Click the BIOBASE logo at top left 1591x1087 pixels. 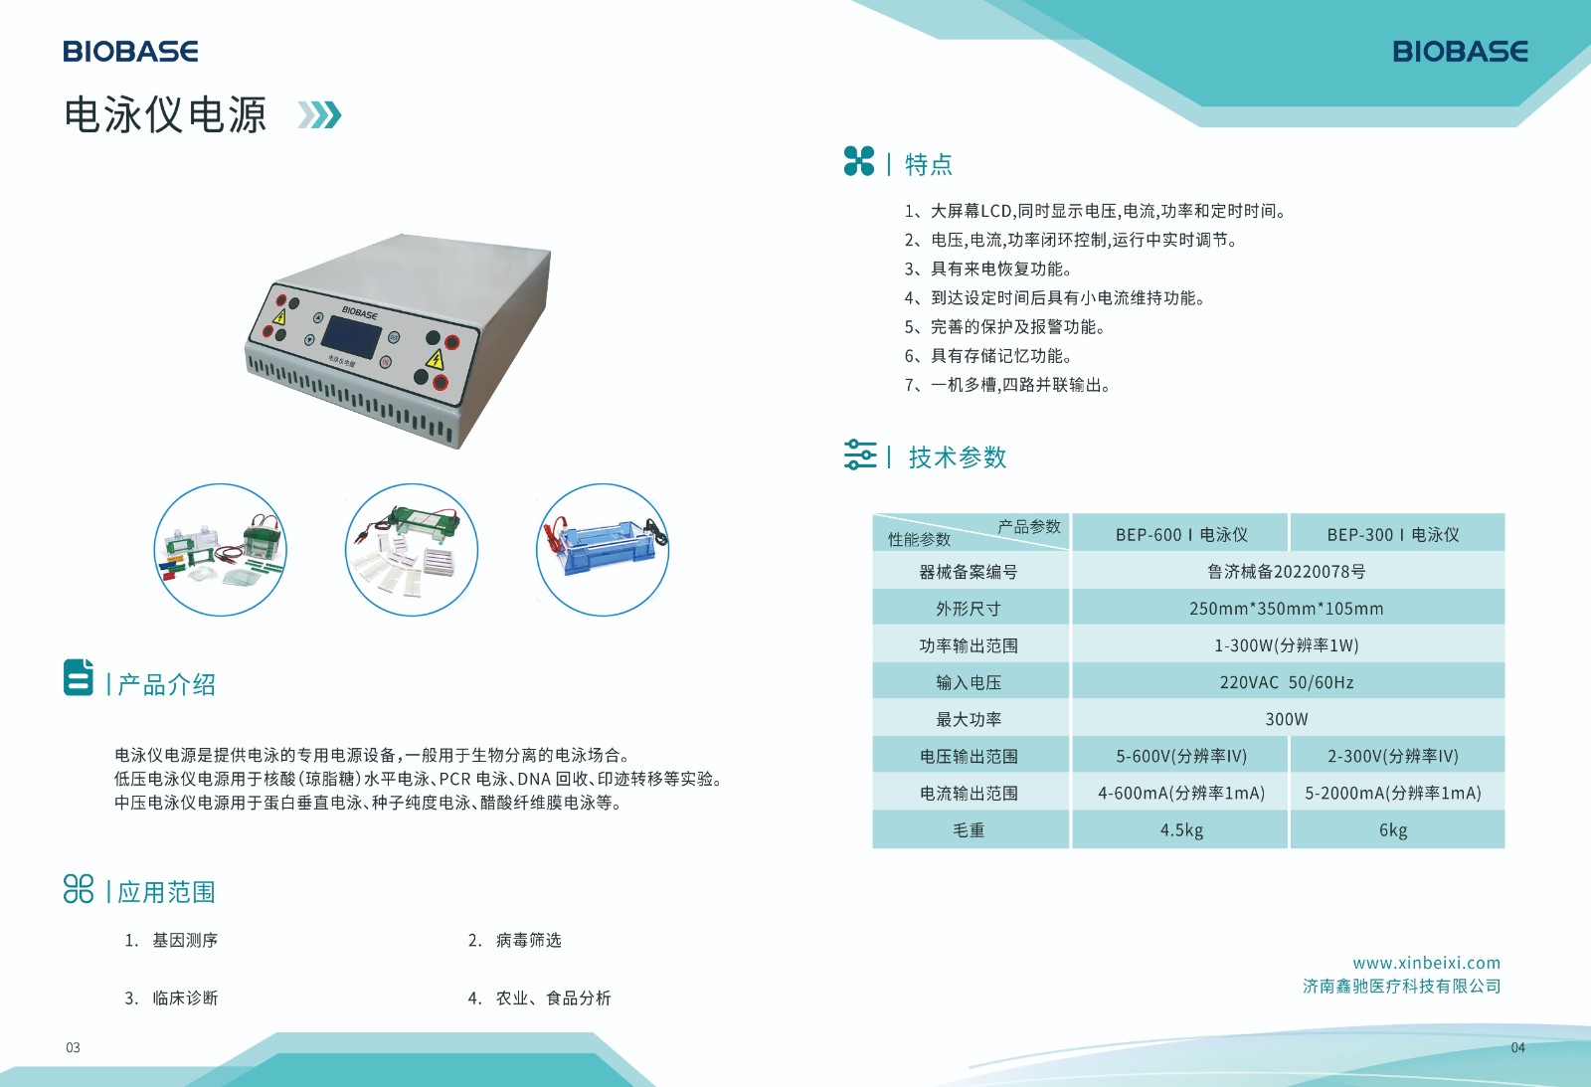130,51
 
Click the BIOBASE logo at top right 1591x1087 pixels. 1460,51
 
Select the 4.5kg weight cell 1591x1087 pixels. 1180,830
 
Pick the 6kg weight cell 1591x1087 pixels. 1392,830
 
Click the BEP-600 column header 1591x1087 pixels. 1180,535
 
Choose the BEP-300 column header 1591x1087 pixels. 1392,535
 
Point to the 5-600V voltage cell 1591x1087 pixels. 1180,757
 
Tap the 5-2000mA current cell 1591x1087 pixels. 1392,794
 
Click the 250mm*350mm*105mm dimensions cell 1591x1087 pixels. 1286,609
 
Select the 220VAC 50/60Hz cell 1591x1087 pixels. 1286,683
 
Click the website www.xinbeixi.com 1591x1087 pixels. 1426,963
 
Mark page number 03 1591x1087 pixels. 73,1047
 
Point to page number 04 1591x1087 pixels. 1517,1047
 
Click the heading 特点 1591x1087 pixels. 928,164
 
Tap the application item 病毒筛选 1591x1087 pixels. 528,941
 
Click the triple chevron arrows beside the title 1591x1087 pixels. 319,115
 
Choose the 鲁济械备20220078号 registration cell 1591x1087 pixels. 1286,572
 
